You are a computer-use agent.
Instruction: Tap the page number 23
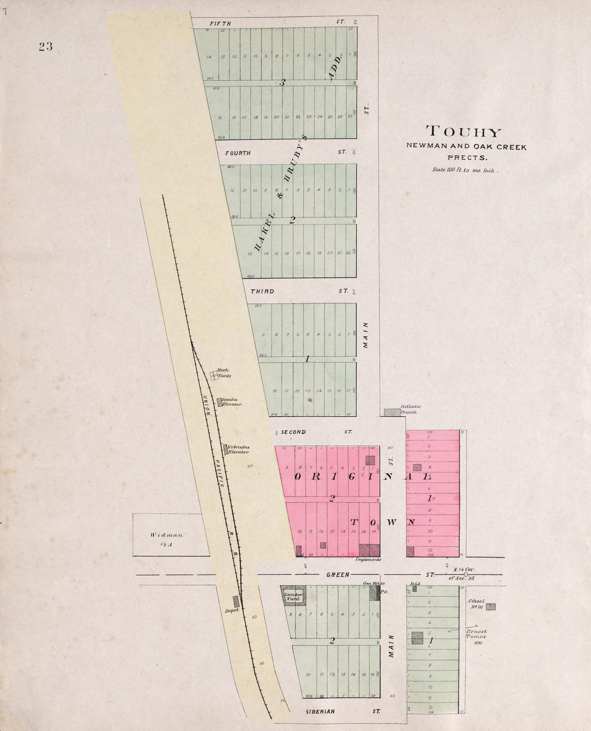click(x=45, y=46)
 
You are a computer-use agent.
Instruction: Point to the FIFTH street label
click(x=220, y=23)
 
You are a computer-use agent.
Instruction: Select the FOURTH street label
click(x=238, y=153)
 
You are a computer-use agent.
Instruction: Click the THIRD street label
click(x=262, y=292)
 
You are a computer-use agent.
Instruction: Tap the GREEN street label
click(x=338, y=575)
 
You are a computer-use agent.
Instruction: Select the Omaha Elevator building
click(x=220, y=401)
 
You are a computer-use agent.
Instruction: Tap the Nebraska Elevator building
click(x=225, y=447)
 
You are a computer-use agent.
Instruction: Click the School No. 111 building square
click(x=491, y=606)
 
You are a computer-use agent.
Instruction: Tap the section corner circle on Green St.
click(x=465, y=575)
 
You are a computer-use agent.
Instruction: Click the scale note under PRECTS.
click(x=465, y=170)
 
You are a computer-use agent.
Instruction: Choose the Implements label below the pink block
click(x=369, y=560)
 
